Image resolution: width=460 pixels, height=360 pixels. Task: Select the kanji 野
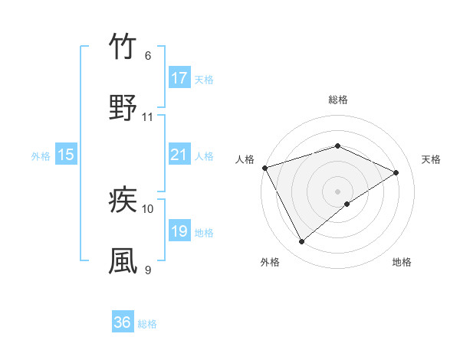pyautogui.click(x=123, y=108)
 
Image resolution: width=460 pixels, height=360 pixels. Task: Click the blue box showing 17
pyautogui.click(x=179, y=78)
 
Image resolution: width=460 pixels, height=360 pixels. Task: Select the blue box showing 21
pyautogui.click(x=179, y=155)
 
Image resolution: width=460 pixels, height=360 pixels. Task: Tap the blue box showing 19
pyautogui.click(x=179, y=231)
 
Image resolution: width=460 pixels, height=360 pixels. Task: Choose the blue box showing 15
pyautogui.click(x=66, y=155)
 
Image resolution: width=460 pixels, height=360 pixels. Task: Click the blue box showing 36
pyautogui.click(x=123, y=323)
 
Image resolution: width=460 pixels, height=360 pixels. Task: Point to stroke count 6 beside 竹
pyautogui.click(x=148, y=56)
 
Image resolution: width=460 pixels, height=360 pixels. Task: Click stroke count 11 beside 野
pyautogui.click(x=148, y=117)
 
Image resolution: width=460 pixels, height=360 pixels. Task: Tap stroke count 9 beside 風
pyautogui.click(x=148, y=270)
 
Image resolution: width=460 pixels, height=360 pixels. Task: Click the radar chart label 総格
pyautogui.click(x=338, y=100)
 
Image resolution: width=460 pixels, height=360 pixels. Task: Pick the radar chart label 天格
pyautogui.click(x=431, y=159)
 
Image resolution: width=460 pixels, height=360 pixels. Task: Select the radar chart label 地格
pyautogui.click(x=402, y=263)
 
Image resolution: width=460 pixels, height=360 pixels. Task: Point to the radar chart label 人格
pyautogui.click(x=245, y=159)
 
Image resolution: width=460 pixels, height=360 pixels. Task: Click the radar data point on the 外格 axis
pyautogui.click(x=301, y=242)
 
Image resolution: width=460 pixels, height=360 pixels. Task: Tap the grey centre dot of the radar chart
pyautogui.click(x=338, y=191)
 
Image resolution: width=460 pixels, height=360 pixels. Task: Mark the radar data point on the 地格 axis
pyautogui.click(x=347, y=204)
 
